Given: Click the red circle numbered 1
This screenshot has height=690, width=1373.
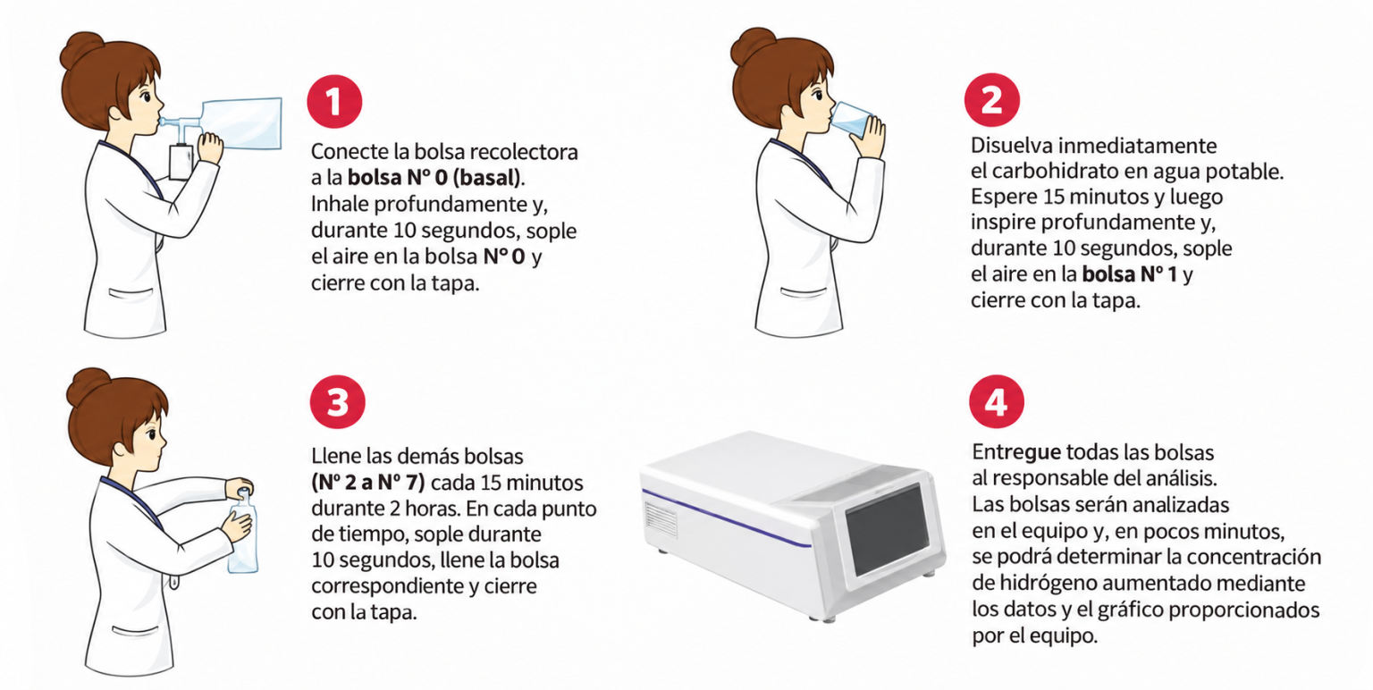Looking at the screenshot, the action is [x=334, y=102].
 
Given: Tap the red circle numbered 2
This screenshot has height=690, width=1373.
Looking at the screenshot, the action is [x=991, y=99].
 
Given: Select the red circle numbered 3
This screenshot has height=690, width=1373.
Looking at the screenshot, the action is [x=338, y=402].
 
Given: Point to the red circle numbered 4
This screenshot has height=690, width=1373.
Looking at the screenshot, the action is [x=996, y=401].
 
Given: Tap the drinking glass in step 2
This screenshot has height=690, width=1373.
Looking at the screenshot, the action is [x=851, y=119].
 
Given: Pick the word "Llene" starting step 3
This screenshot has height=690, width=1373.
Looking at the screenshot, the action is [x=336, y=457].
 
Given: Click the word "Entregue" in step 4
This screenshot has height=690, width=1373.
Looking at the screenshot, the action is [x=1016, y=453].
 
